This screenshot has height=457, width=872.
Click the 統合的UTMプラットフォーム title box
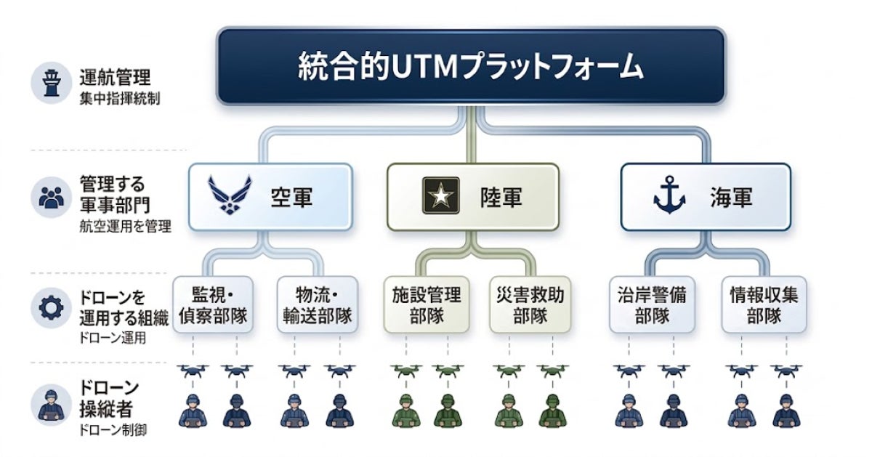(x=471, y=66)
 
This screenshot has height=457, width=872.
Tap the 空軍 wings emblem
(x=230, y=195)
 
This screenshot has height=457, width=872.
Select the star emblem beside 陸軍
(x=440, y=195)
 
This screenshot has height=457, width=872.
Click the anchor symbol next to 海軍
(x=669, y=195)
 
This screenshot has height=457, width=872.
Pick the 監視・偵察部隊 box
(x=213, y=305)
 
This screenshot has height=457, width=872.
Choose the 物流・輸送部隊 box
(x=318, y=305)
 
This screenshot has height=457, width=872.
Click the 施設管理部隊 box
(x=427, y=305)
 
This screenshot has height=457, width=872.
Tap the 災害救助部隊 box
(x=530, y=305)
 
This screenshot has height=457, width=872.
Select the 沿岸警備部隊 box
(x=652, y=305)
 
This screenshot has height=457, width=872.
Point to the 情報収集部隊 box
(x=764, y=305)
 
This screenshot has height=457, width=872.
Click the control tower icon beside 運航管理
(x=51, y=83)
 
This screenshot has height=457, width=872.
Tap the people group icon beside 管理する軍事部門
(x=52, y=198)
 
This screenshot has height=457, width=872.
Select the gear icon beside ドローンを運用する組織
(x=51, y=308)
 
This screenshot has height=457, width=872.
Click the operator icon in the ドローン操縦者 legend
(x=51, y=405)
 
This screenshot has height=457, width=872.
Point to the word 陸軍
(x=501, y=197)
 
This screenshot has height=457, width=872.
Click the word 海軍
(x=732, y=197)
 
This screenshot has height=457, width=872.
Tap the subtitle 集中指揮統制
(x=119, y=99)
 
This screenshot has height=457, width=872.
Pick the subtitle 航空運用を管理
(x=125, y=226)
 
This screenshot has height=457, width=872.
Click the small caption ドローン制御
(x=113, y=429)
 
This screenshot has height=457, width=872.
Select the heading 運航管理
(x=115, y=77)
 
